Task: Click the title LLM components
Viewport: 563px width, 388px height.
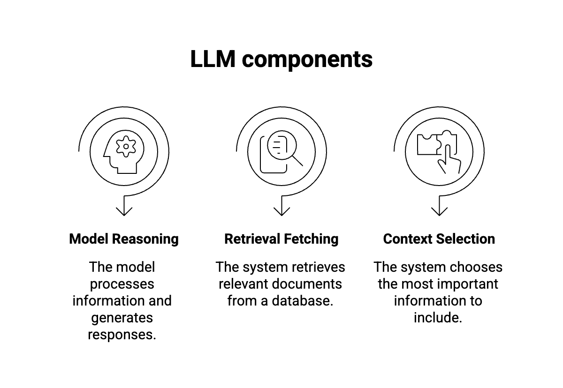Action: click(281, 60)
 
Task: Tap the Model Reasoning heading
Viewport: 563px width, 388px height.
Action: click(124, 239)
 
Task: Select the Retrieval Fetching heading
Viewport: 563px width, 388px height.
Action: click(281, 239)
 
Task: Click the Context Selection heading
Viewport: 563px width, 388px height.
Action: click(439, 239)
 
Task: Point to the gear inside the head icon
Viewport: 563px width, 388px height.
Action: click(126, 147)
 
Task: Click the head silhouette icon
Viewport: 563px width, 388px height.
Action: click(124, 152)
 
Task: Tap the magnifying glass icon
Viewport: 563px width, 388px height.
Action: click(285, 148)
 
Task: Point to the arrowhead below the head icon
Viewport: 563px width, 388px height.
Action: click(124, 211)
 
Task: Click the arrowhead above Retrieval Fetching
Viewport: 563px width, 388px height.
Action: click(281, 211)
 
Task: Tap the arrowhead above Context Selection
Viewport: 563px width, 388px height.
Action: click(439, 211)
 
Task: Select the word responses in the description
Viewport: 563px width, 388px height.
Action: click(122, 335)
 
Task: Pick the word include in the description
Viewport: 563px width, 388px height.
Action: click(438, 318)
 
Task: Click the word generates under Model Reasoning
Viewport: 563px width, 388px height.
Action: click(122, 318)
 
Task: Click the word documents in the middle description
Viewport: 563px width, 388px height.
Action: click(307, 284)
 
